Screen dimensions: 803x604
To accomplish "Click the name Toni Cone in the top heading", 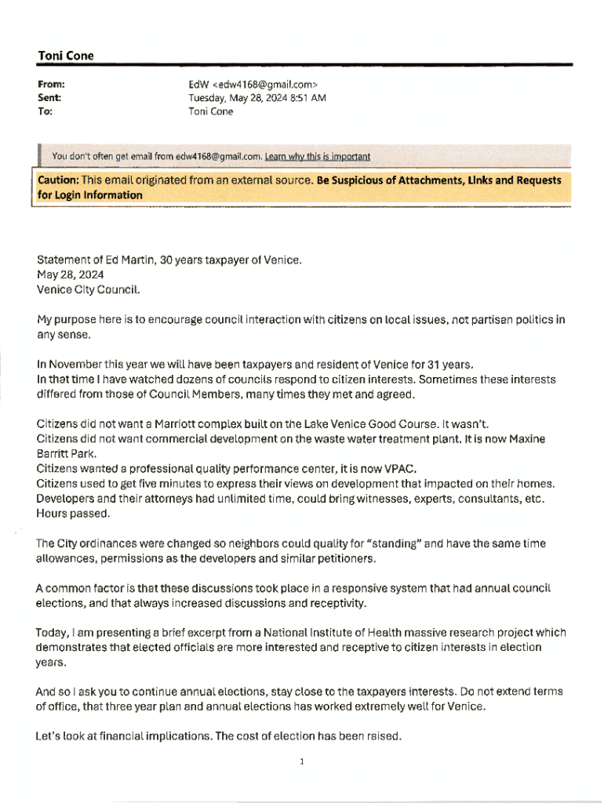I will (65, 56).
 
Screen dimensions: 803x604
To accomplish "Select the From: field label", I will (51, 83).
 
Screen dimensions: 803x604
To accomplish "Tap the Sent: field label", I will (49, 97).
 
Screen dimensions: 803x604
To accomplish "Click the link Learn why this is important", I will (317, 156).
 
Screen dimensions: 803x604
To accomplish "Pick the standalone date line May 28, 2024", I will (70, 275).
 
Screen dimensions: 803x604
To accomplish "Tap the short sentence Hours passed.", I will (73, 514).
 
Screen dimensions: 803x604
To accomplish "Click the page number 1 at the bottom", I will (302, 761).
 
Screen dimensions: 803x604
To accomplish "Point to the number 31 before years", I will (432, 365).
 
